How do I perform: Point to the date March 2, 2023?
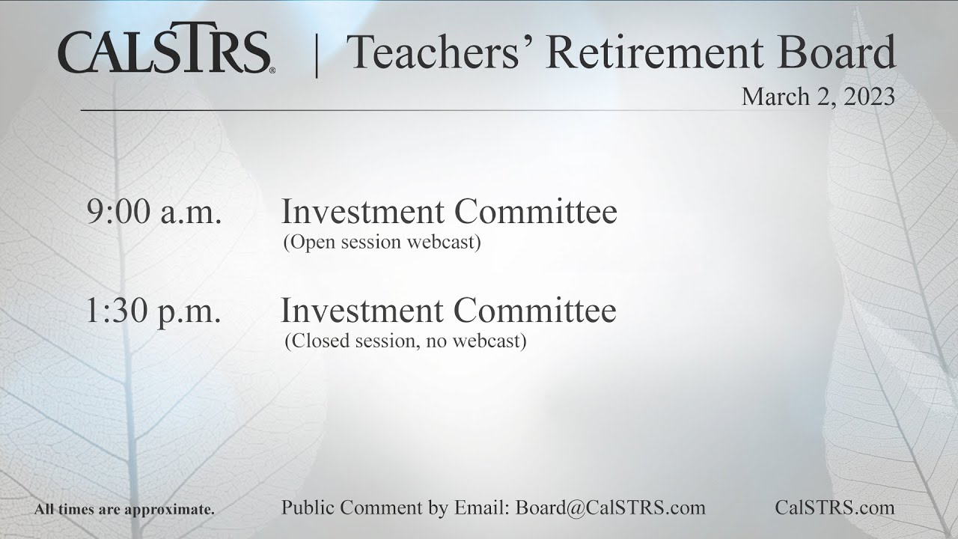[818, 97]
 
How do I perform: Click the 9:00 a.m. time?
[154, 213]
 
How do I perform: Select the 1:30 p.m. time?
[153, 311]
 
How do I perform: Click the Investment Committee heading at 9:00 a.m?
[449, 213]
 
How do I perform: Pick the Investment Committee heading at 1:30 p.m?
[448, 311]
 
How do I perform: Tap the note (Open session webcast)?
[382, 243]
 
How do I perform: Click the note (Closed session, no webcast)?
[405, 341]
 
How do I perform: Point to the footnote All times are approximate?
[124, 510]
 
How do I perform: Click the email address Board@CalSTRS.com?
[610, 508]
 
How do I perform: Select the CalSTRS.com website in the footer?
[835, 508]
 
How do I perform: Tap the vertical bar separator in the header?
[317, 54]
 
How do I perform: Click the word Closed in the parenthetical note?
[315, 341]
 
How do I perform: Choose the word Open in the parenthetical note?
[308, 243]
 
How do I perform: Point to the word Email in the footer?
[480, 508]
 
